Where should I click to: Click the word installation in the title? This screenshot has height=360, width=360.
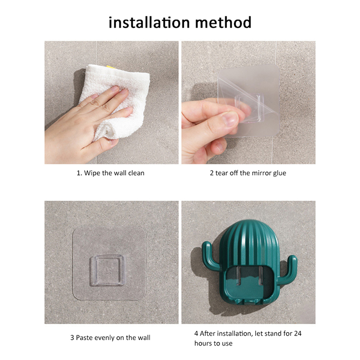[149, 22]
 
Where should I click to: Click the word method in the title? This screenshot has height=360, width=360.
[223, 22]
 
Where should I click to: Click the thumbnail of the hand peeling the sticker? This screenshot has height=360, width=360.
[248, 103]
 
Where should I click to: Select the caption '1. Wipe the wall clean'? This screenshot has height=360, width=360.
[110, 173]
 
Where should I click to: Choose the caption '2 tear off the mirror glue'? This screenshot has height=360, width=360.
[248, 173]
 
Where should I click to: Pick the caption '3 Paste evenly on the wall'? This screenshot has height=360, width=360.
[110, 337]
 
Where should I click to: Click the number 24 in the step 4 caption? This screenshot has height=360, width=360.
[297, 333]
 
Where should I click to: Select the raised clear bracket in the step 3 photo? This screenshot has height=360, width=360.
[107, 270]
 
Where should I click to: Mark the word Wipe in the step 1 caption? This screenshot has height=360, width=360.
[92, 173]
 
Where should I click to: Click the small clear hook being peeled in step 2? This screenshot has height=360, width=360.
[248, 108]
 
